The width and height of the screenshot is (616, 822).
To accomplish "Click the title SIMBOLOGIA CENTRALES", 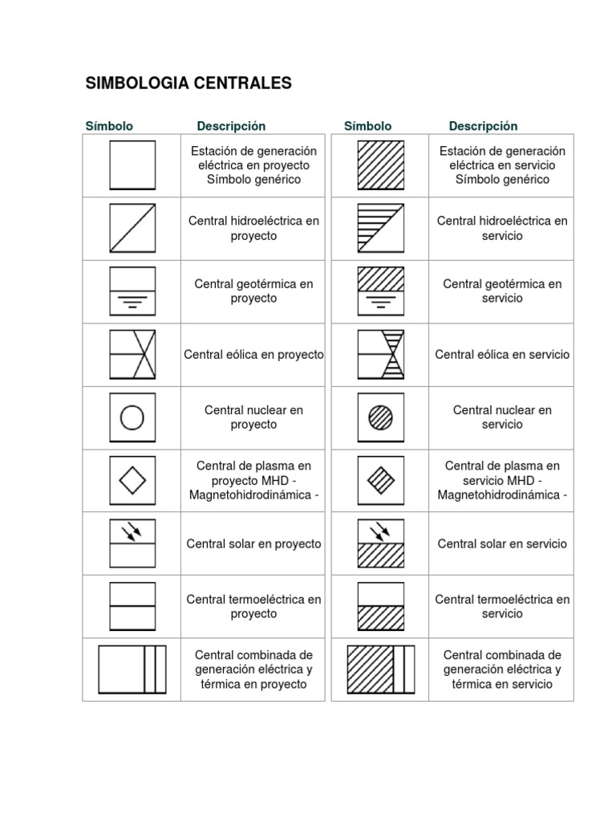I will coord(188,83).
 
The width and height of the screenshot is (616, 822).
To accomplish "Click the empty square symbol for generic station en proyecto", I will coord(132,165).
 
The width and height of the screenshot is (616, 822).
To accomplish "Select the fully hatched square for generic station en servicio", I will coord(381,165).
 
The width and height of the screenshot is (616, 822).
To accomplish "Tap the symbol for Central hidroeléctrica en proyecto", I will coord(132,228).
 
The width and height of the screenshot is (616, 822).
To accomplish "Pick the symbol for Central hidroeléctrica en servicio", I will coord(381,228).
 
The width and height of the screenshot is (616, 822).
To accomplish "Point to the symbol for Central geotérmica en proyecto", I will coord(132,291).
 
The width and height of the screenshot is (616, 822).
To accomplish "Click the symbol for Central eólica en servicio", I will coord(381,354).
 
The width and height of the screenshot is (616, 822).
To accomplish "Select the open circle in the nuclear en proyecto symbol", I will coord(132,417).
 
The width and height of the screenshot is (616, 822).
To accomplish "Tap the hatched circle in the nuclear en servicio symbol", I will coord(381,417).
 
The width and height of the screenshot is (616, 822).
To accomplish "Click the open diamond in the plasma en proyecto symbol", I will coord(132,480).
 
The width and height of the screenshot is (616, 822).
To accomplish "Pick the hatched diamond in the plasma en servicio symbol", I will coord(381,480).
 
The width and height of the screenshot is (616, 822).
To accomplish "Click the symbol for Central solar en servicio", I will coord(381,543).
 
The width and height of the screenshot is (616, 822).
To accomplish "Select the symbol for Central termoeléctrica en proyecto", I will coord(132,606).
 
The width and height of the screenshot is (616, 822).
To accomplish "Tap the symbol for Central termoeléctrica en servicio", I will coord(381,606).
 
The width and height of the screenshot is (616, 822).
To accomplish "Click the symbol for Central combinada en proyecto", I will coord(132,669).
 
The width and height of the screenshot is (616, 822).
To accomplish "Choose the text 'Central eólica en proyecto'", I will coord(253,354).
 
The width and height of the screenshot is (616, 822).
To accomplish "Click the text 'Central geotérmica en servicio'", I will coord(503,291).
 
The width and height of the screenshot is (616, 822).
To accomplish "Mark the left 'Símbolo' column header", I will coord(109,126).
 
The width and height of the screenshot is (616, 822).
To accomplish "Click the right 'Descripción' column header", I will coord(483,126).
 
